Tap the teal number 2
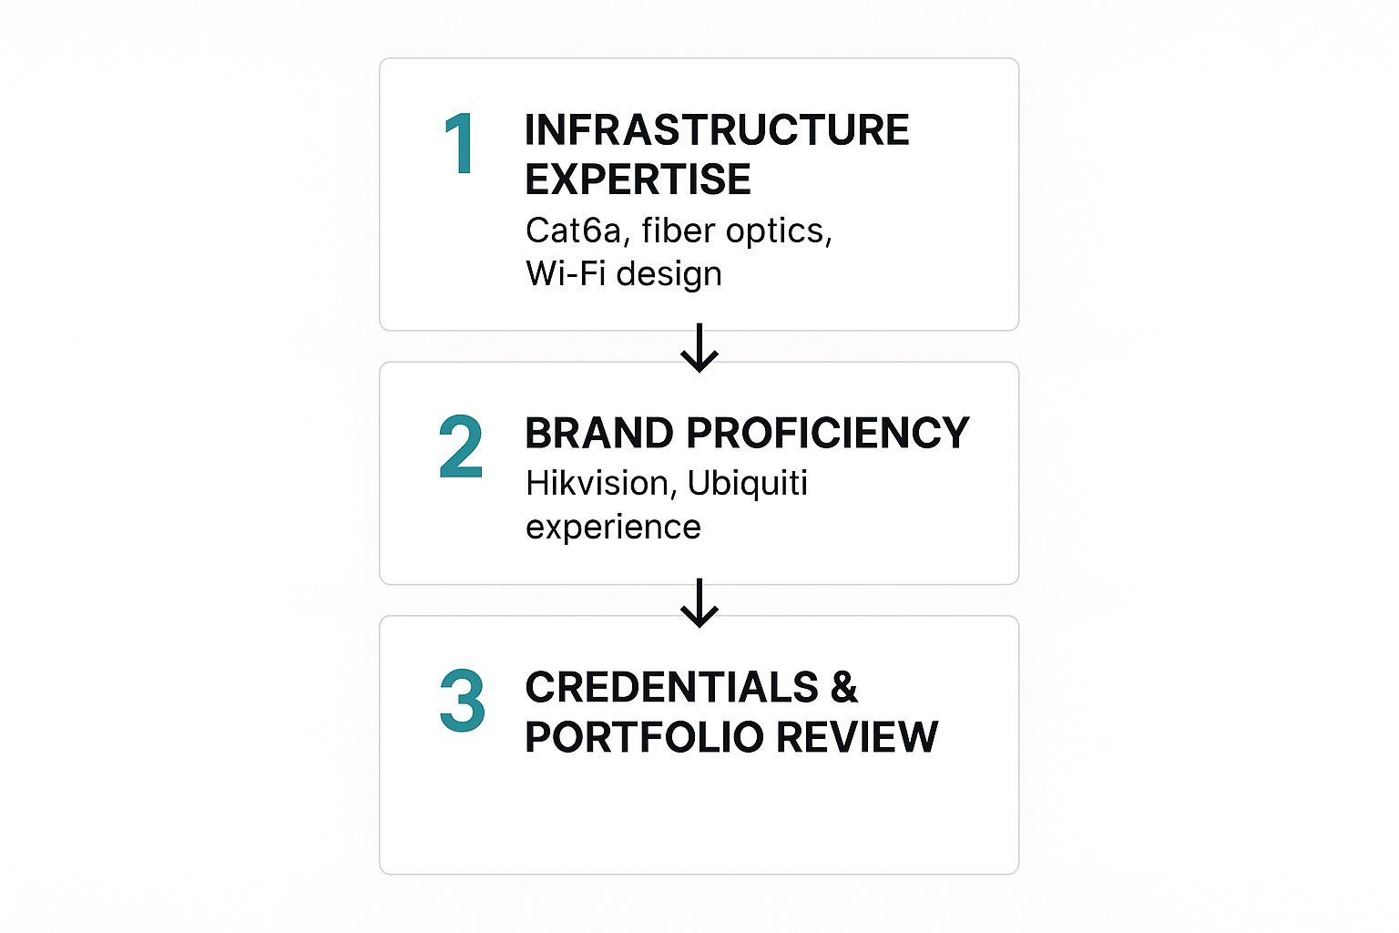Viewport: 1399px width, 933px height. (x=460, y=446)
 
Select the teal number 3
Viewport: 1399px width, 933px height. (x=462, y=701)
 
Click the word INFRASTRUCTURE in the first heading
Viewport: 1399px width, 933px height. (x=717, y=130)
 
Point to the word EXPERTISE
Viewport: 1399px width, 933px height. (x=638, y=179)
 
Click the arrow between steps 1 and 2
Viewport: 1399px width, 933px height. (x=699, y=347)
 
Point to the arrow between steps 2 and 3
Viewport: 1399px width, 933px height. (x=699, y=602)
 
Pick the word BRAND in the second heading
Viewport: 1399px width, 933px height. (x=598, y=433)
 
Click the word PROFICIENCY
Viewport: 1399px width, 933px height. (x=828, y=433)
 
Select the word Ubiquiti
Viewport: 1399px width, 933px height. (x=748, y=484)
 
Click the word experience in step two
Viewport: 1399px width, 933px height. (x=613, y=528)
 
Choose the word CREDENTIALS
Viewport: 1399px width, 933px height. (x=671, y=687)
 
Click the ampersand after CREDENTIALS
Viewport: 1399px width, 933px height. (x=844, y=687)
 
